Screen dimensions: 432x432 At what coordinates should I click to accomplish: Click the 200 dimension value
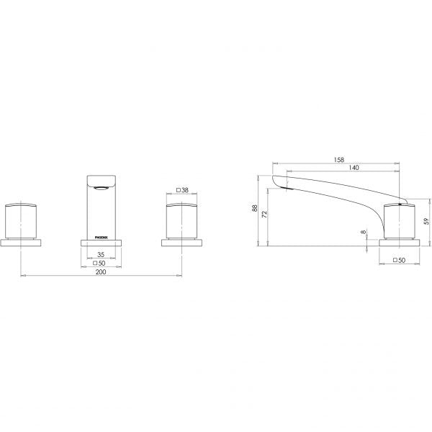pos(101,272)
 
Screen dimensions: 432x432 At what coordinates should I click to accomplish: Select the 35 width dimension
pos(101,255)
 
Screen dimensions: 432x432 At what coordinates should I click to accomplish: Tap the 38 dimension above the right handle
pos(185,190)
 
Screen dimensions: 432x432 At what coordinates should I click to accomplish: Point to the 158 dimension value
pos(339,160)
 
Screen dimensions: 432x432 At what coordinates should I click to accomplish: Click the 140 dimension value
pos(354,168)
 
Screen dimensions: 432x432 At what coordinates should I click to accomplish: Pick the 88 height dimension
pos(255,208)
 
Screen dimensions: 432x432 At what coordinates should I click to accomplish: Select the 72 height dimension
pos(264,215)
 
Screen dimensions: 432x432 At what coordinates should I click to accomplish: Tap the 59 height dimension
pos(426,221)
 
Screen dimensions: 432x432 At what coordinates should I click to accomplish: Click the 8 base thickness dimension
pos(364,232)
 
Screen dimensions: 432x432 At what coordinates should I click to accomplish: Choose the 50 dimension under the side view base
pos(402,260)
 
